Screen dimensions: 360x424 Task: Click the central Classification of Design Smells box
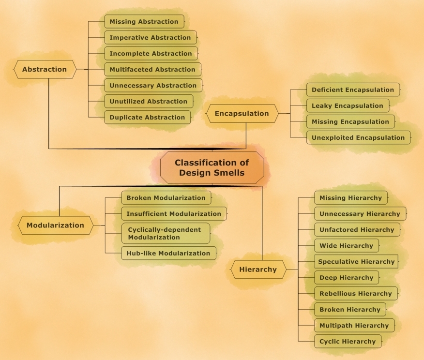tap(212, 167)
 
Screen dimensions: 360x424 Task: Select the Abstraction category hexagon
tap(45, 69)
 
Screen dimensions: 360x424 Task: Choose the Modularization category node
tap(55, 225)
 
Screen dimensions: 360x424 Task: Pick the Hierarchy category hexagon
tap(258, 270)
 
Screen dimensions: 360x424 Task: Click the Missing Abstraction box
tap(144, 22)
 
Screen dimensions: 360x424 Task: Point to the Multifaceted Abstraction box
tap(152, 69)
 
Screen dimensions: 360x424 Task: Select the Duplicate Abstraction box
tap(147, 117)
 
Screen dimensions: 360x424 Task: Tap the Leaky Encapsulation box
tap(347, 105)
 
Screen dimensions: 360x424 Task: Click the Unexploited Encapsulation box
tap(358, 137)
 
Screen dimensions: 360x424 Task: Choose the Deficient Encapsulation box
tap(353, 90)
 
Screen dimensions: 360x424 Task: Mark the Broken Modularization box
tap(166, 198)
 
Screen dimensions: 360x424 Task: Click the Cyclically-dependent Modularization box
tap(165, 233)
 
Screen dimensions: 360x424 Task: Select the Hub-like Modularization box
tap(168, 253)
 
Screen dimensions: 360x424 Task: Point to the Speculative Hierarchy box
tap(356, 262)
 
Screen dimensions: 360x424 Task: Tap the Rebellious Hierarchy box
tap(355, 294)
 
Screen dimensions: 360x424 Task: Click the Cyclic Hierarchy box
tap(348, 342)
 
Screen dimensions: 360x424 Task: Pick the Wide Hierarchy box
tap(346, 246)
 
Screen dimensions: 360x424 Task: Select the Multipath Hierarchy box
tap(354, 326)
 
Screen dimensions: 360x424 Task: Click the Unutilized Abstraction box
tap(148, 101)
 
